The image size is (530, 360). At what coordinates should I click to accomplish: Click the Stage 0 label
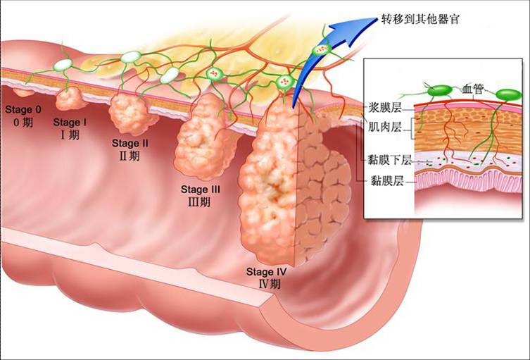[23, 110]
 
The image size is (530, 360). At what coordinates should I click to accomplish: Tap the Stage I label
[70, 122]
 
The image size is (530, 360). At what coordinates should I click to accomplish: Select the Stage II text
[130, 143]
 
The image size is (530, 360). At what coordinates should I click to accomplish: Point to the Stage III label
[201, 190]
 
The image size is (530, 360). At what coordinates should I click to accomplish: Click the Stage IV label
[266, 272]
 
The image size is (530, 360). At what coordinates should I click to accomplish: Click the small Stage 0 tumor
[24, 92]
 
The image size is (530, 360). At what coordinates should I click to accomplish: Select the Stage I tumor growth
[70, 98]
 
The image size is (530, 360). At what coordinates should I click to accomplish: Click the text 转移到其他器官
[420, 19]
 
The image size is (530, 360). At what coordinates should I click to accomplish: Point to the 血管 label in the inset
[473, 89]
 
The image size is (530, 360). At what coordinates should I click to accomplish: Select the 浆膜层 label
[385, 108]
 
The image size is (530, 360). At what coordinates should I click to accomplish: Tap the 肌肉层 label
[385, 128]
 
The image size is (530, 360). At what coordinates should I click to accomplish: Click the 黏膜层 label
[387, 180]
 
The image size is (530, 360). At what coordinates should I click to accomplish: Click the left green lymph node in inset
[439, 91]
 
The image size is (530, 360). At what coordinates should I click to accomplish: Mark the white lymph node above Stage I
[63, 65]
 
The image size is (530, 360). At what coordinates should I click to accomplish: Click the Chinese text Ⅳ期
[270, 284]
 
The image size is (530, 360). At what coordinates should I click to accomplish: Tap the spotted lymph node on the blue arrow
[321, 50]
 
